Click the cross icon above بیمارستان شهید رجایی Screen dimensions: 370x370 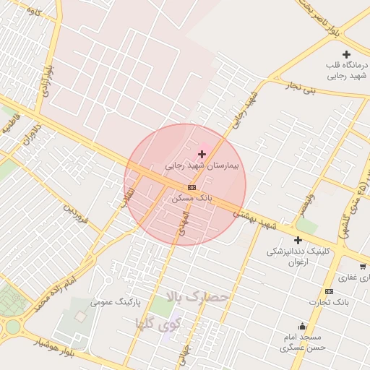click(202, 154)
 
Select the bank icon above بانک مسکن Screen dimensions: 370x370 click(191, 187)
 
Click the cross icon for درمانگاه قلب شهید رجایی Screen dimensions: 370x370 click(346, 54)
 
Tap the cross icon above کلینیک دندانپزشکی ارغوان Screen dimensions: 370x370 click(298, 240)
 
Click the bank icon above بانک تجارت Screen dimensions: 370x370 click(330, 291)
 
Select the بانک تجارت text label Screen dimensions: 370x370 click(329, 302)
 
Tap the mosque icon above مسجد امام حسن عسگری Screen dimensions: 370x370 click(301, 326)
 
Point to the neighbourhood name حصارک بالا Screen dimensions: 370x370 click(197, 297)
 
